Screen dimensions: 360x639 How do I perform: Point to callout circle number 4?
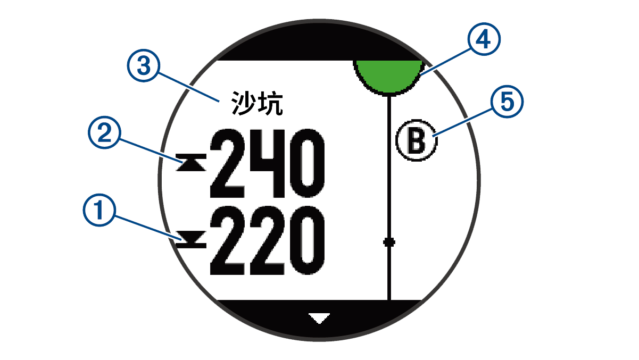(x=484, y=39)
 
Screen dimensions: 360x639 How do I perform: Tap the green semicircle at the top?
(x=389, y=74)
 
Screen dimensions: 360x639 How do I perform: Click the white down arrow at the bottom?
(x=319, y=318)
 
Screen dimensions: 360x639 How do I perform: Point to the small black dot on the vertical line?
(x=389, y=242)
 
